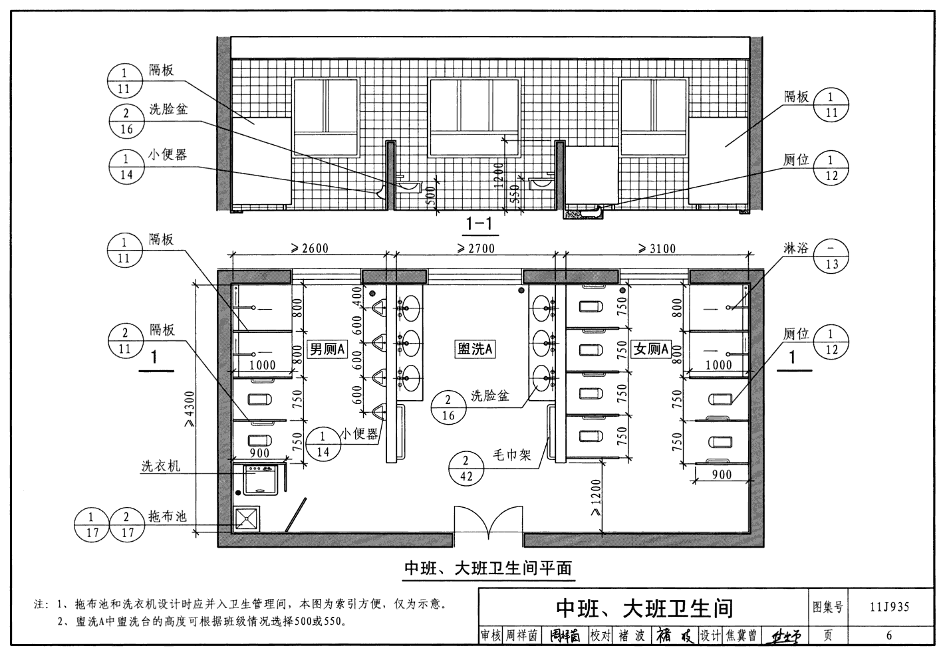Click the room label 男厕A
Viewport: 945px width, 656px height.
(327, 349)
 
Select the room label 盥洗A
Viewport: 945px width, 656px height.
(474, 349)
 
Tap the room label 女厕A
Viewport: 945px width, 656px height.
(651, 349)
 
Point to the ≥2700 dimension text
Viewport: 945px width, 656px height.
(475, 249)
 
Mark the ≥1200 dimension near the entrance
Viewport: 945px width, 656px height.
(596, 498)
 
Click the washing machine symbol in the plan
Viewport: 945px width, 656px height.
(260, 479)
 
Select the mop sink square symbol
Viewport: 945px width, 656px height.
(247, 518)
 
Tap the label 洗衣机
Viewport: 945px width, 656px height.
(160, 466)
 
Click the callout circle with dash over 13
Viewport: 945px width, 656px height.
(831, 257)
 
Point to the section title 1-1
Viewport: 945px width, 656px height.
(479, 224)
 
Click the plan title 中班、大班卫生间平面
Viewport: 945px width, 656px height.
(488, 568)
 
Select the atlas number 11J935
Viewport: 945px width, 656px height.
(889, 607)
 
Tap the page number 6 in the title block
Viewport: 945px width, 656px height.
(889, 635)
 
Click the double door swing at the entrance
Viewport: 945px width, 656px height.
(489, 522)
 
